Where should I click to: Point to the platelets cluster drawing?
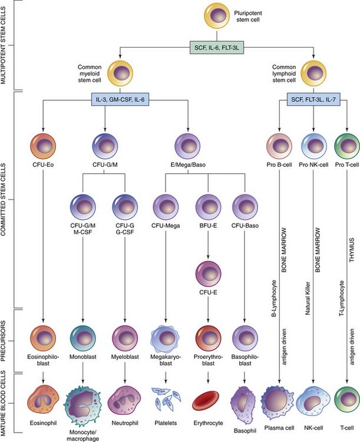[166, 401]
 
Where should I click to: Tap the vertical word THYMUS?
[352, 216]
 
